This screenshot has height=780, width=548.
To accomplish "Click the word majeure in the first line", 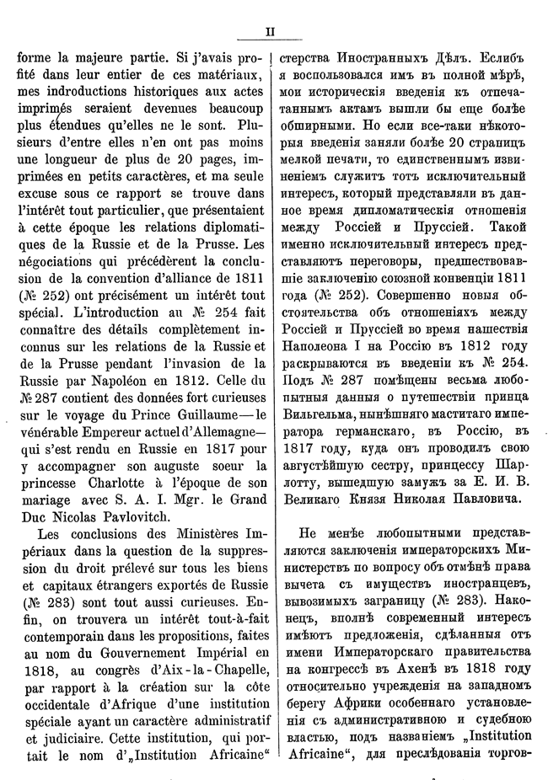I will [x=100, y=60].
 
